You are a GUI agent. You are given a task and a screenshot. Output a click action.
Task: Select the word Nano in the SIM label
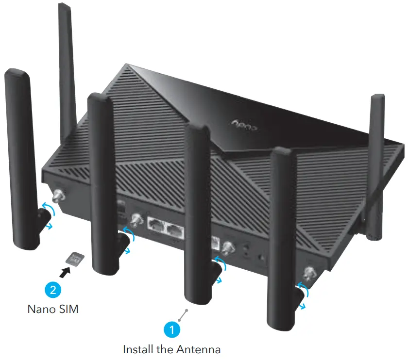[x=41, y=309]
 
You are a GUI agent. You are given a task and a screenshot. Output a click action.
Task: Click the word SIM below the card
[x=68, y=309]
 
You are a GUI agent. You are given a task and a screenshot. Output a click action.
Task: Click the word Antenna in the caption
[x=199, y=349]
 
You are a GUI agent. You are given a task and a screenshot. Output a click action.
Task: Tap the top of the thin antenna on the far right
[x=377, y=98]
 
